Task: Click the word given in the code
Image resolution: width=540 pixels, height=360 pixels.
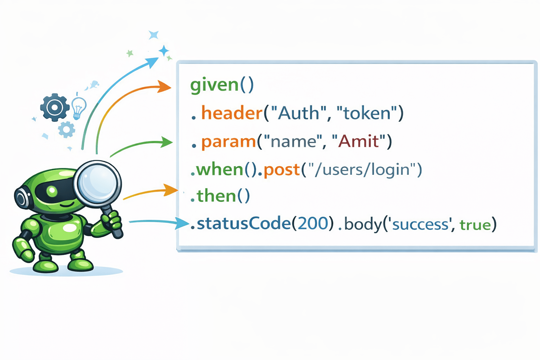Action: tap(214, 85)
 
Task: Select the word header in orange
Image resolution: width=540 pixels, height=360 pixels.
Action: tap(232, 113)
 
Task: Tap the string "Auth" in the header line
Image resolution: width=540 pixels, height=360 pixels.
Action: tap(295, 113)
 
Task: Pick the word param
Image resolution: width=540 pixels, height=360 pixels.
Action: tap(229, 142)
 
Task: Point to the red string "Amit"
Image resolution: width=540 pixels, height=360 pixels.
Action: tap(359, 141)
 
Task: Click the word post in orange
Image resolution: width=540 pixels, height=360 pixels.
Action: tap(281, 170)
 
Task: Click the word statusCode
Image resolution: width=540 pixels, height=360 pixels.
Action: tap(243, 224)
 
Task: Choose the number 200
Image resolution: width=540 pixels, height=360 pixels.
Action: tap(312, 224)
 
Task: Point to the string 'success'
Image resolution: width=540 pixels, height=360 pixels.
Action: tap(420, 224)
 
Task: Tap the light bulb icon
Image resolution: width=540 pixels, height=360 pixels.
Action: tap(78, 107)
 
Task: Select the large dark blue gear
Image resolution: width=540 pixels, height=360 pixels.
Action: tap(54, 107)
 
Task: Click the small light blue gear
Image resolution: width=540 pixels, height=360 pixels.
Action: tap(66, 129)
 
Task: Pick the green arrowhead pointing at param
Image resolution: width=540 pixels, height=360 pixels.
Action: tap(167, 142)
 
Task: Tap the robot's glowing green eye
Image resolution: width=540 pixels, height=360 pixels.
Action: tap(52, 191)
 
